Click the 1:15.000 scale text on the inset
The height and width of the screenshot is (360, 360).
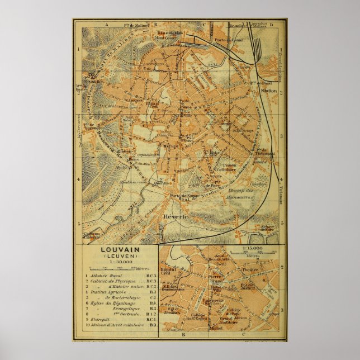(252, 248)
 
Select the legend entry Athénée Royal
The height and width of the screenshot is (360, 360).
(110, 276)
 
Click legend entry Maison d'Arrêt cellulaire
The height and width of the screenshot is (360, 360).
(115, 325)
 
